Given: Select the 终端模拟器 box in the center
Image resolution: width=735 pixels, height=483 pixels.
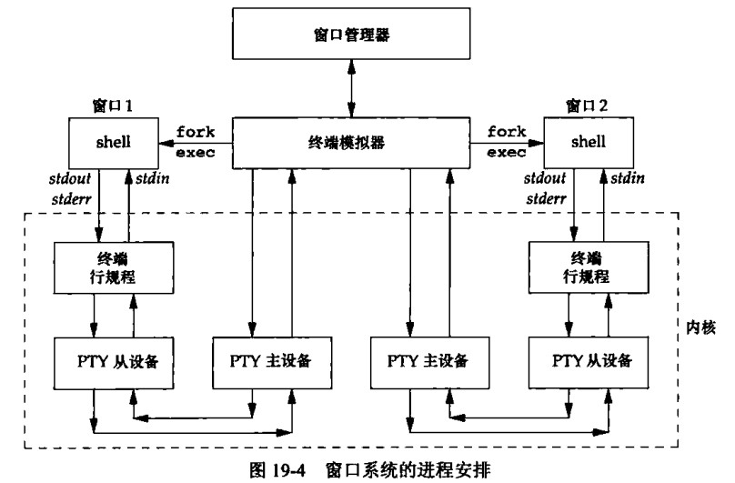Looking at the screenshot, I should [352, 143].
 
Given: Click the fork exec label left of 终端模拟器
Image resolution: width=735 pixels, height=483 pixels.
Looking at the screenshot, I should [197, 143].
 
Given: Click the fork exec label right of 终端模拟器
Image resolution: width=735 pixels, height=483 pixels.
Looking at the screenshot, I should [508, 143].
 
